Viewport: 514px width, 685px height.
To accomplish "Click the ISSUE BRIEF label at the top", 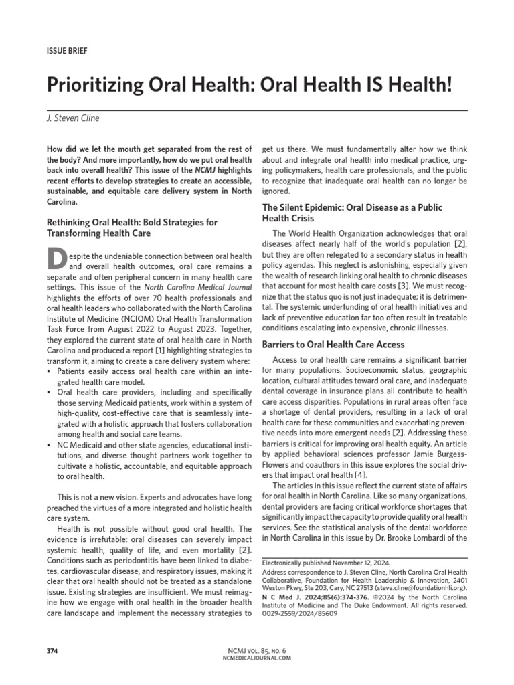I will click(66, 50).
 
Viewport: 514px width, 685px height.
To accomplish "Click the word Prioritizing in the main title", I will click(95, 85).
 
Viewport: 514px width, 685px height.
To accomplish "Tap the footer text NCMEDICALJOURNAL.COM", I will click(256, 658).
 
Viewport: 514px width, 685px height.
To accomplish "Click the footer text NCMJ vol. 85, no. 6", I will click(256, 650).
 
